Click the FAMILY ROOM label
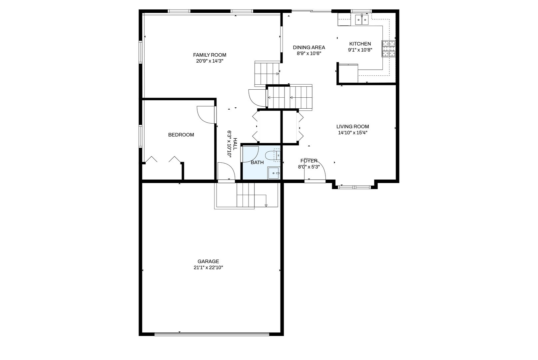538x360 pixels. click(x=210, y=55)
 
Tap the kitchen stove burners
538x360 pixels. click(x=388, y=49)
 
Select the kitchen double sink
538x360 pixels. click(x=362, y=19)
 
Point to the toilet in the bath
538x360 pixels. click(x=272, y=155)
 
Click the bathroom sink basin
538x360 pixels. click(x=274, y=173)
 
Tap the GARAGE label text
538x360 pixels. click(x=208, y=261)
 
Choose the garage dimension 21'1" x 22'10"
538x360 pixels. click(x=208, y=267)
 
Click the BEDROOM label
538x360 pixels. click(x=181, y=135)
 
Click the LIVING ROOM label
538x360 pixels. click(x=352, y=127)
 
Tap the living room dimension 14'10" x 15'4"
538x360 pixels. click(x=352, y=133)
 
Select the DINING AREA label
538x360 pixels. click(x=309, y=48)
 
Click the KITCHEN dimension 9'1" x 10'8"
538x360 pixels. click(x=360, y=50)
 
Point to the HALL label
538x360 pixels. click(x=235, y=144)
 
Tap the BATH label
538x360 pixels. click(x=257, y=162)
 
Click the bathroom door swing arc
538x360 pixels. click(x=255, y=157)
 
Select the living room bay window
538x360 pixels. click(x=354, y=187)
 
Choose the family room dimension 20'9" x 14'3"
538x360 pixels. click(x=210, y=61)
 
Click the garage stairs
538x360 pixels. click(x=246, y=195)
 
